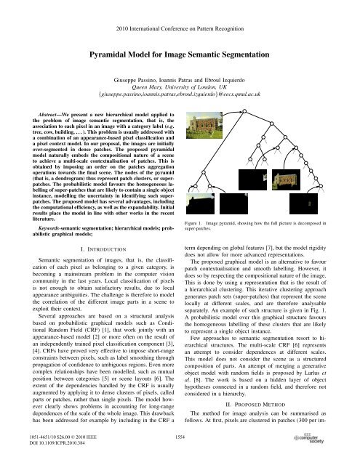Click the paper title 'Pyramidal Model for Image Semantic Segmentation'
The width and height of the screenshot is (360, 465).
pyautogui.click(x=180, y=54)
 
